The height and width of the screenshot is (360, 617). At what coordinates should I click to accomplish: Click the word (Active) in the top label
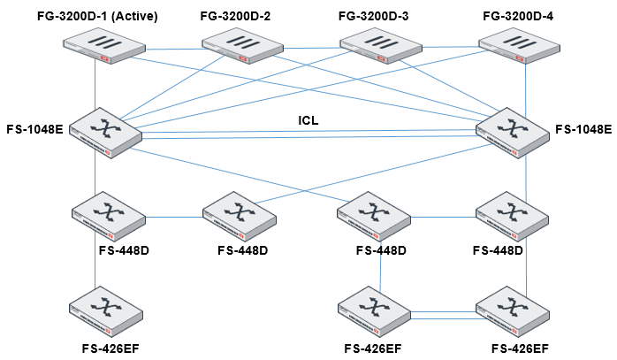point(131,16)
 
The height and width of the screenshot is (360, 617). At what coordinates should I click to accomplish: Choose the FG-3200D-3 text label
point(375,16)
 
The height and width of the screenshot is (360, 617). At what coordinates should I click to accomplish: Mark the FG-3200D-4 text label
point(514,16)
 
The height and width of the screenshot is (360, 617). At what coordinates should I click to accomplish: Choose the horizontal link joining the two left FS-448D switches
point(172,216)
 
